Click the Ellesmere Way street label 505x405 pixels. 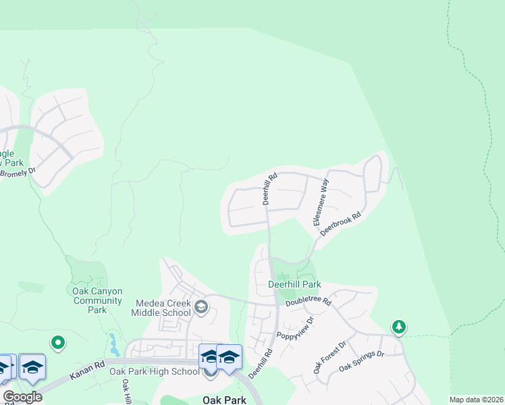(320, 201)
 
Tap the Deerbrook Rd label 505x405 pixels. (341, 223)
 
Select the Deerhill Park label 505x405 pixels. (294, 285)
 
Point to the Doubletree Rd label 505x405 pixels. (308, 302)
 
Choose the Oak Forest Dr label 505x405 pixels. (329, 357)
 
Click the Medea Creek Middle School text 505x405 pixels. (163, 308)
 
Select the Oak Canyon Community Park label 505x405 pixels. (98, 300)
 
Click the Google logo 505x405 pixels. (22, 396)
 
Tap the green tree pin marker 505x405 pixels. (399, 327)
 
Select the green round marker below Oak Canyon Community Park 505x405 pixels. (58, 343)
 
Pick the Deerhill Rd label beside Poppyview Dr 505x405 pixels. (260, 363)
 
